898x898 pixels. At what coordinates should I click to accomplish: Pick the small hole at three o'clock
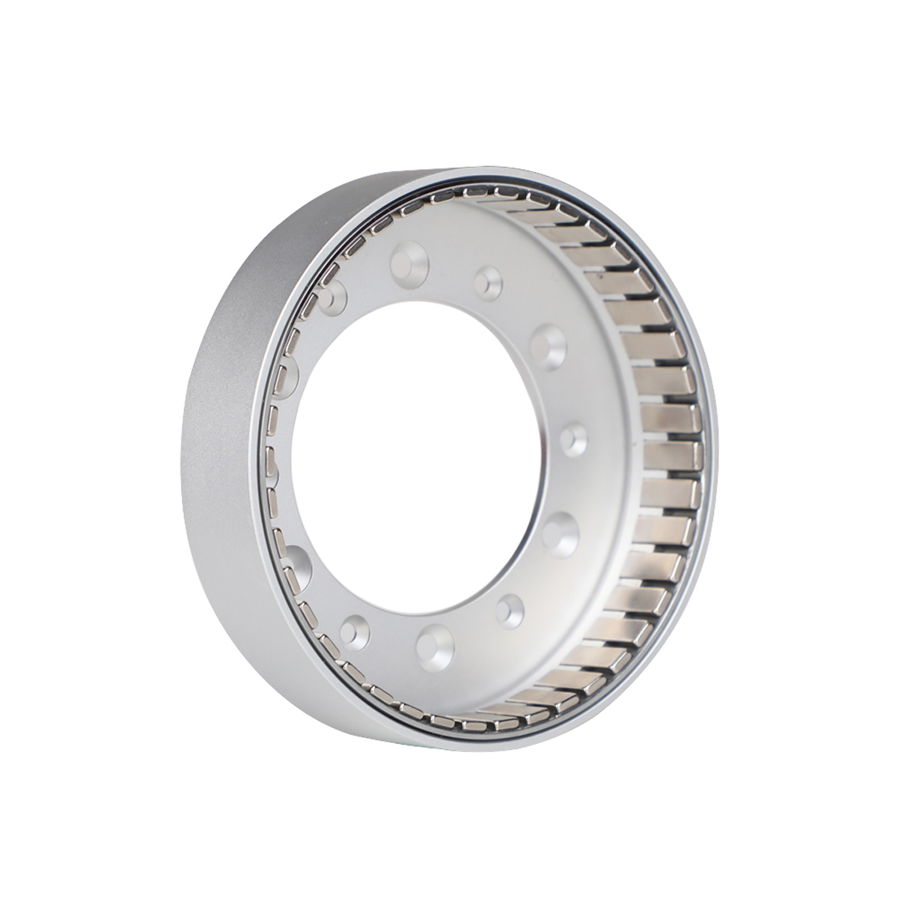[575, 438]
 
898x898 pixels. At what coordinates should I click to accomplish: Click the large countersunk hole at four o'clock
[560, 533]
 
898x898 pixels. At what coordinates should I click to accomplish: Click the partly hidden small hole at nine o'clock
[274, 471]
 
